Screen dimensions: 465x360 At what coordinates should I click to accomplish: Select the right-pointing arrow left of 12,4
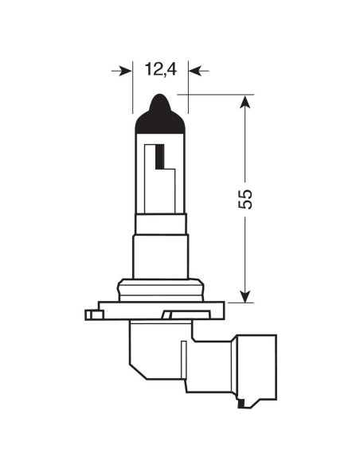[x=123, y=71]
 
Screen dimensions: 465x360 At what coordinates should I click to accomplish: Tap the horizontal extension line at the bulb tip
[x=215, y=94]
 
